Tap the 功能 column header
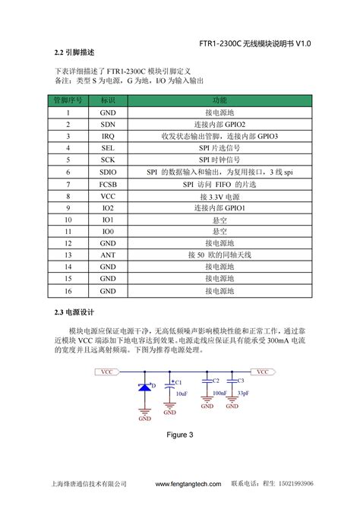(219, 100)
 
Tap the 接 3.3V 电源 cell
(219, 196)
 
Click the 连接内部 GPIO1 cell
(219, 207)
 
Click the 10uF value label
(182, 394)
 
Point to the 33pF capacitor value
(243, 393)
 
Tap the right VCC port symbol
(263, 371)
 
